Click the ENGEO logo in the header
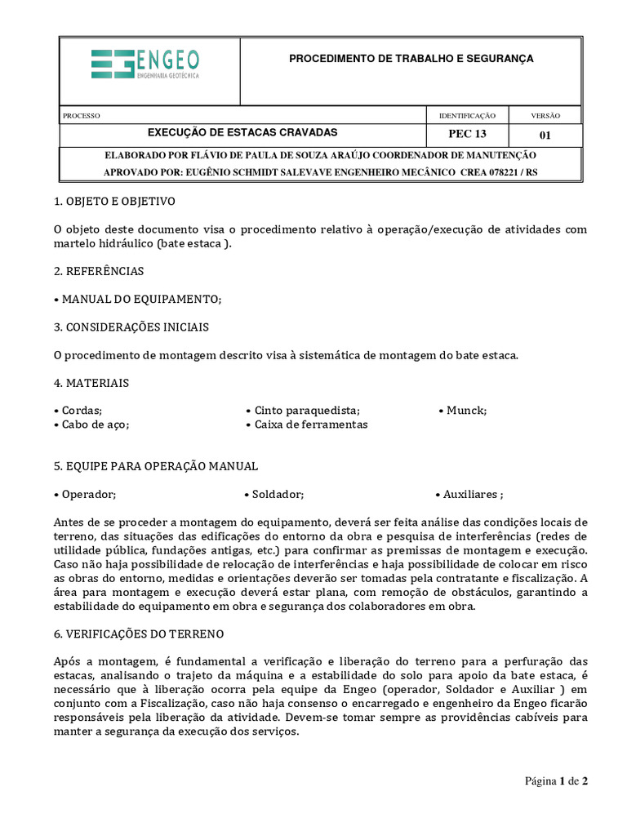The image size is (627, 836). click(x=145, y=64)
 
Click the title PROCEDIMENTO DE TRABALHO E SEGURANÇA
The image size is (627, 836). click(x=411, y=59)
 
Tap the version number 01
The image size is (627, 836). click(x=545, y=135)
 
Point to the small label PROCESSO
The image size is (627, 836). click(x=81, y=116)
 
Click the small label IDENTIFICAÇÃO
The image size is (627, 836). click(x=467, y=116)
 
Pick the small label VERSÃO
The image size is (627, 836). click(x=545, y=116)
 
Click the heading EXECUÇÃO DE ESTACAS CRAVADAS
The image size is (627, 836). click(x=242, y=132)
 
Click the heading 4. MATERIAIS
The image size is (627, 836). click(x=91, y=383)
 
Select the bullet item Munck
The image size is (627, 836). click(x=462, y=411)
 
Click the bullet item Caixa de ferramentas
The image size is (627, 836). click(x=306, y=425)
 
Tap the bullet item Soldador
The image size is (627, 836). click(x=274, y=495)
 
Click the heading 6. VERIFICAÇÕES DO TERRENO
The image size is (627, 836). click(x=138, y=634)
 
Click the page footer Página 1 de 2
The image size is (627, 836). click(x=555, y=781)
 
